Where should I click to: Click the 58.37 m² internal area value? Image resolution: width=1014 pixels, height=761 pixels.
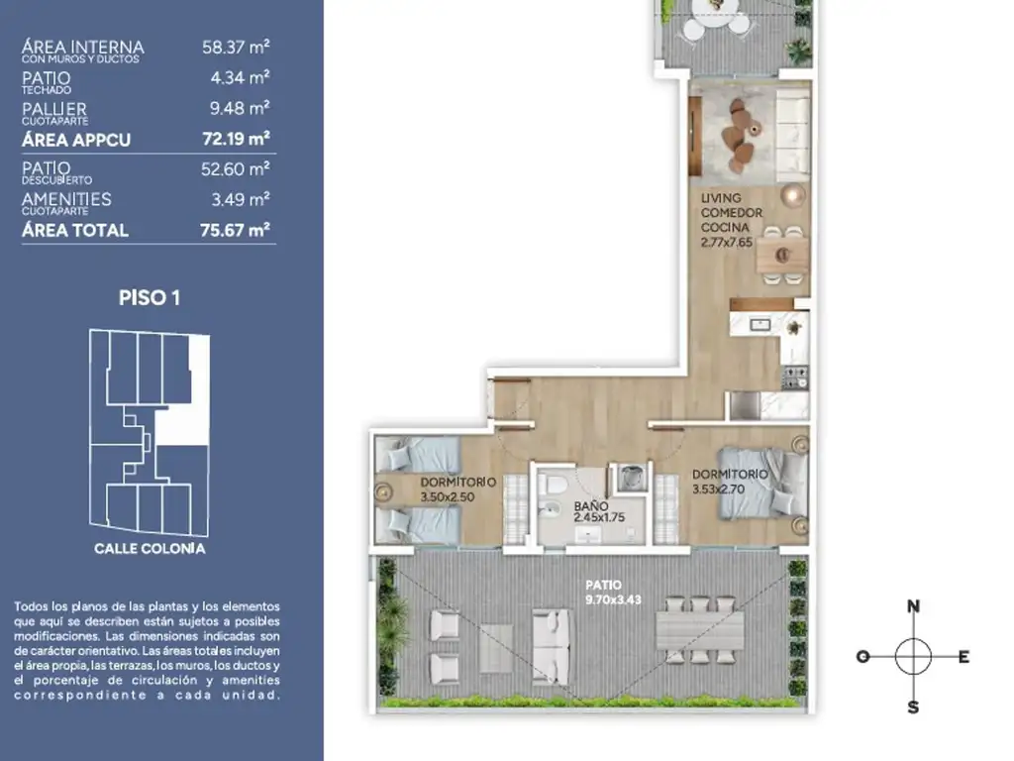point(236,47)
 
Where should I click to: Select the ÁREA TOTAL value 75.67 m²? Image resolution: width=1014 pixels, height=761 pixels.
point(235,230)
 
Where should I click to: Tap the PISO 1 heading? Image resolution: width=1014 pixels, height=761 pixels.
point(150,297)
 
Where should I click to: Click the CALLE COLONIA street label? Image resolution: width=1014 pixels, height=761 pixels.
point(150,549)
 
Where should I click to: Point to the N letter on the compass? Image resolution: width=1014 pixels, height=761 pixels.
point(913,606)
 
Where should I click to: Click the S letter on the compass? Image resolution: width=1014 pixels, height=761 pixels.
point(913,707)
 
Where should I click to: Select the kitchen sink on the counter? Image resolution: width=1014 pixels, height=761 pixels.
point(760,324)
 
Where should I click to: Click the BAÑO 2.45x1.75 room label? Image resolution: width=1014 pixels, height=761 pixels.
point(599,511)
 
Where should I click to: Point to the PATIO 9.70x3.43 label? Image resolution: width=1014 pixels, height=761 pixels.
point(613,593)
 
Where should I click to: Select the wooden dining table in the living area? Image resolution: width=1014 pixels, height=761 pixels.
point(782,255)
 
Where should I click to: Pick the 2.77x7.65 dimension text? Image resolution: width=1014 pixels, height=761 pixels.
point(727,243)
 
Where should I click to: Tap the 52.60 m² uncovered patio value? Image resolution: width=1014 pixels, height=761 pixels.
point(235,168)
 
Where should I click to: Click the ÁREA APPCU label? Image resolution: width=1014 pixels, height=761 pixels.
point(76,140)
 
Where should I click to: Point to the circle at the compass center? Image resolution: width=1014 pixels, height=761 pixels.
point(913,656)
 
